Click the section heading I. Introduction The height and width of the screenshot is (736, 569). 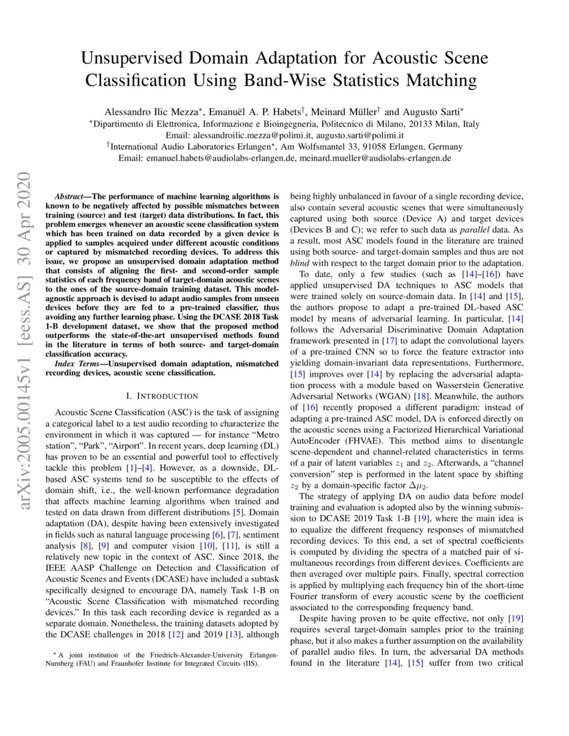(159, 396)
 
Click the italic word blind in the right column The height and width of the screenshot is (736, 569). (300, 264)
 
